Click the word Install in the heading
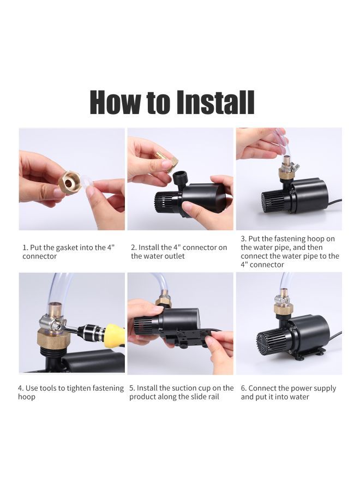(215, 102)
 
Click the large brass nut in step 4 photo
(53, 339)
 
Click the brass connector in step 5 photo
(163, 302)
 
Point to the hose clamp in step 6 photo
(283, 297)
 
